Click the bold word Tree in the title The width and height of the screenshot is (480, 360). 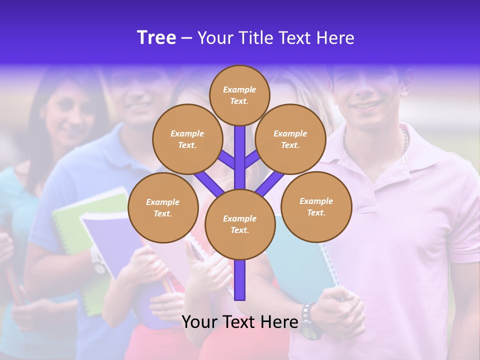[x=156, y=38]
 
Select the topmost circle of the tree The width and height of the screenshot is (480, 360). [x=239, y=95]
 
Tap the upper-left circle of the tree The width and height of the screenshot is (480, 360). [x=187, y=139]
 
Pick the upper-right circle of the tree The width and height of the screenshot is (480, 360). [x=290, y=139]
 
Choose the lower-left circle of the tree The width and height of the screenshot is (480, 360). [x=163, y=208]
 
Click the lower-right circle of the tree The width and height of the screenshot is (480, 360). [x=316, y=206]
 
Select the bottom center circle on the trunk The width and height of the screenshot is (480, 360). [x=240, y=224]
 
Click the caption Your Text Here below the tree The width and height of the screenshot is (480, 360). [x=240, y=322]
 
